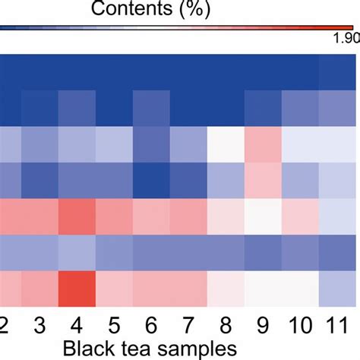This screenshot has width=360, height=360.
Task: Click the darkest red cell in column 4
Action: click(77, 288)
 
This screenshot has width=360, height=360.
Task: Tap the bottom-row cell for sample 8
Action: click(226, 288)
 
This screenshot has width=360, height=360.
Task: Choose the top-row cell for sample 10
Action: click(300, 73)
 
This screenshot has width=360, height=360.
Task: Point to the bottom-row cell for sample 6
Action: click(151, 288)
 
